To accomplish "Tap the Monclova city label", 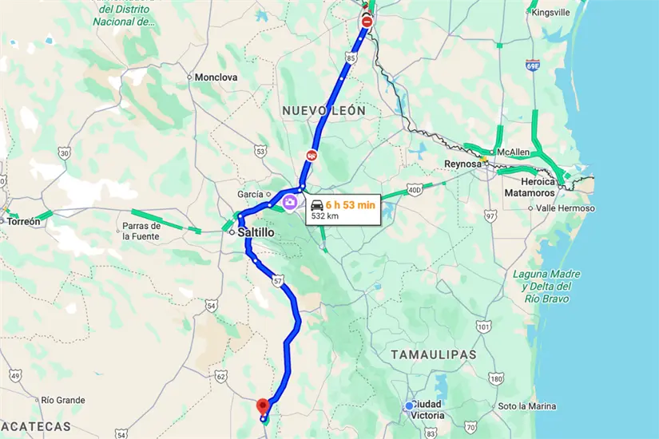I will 216,77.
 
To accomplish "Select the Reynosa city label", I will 463,164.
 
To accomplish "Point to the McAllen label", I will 514,152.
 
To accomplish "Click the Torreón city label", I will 23,222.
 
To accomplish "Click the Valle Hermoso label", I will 566,208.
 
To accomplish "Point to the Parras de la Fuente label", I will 141,231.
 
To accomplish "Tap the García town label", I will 250,195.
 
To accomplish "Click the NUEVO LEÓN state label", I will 323,110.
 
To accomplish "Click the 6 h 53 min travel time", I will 350,204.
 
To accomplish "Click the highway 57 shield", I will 277,281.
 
